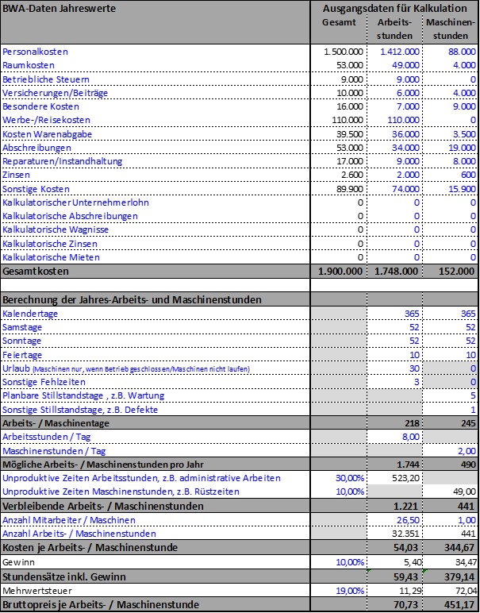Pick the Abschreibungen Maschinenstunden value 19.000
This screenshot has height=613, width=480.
coord(459,148)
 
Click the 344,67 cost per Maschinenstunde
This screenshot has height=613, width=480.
coord(458,547)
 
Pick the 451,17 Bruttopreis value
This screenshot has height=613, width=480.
coord(458,605)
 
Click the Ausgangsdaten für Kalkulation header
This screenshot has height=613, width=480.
coord(394,8)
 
